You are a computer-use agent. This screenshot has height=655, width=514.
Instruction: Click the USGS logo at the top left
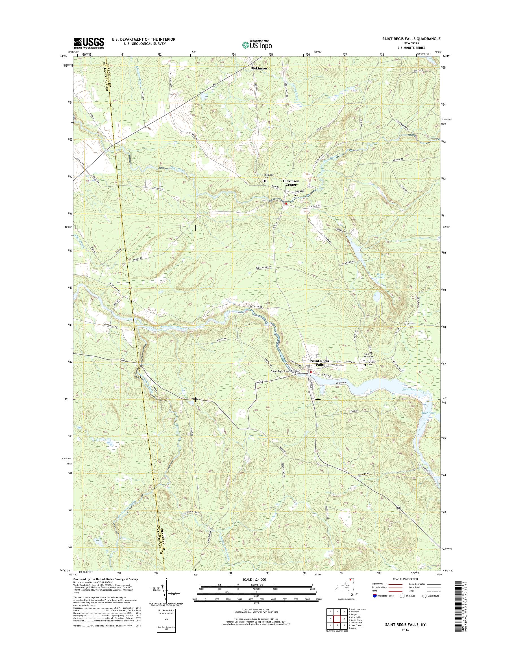click(89, 43)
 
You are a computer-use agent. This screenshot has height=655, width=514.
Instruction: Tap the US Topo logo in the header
click(257, 45)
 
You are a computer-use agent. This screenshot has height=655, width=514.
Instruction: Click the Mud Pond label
click(428, 413)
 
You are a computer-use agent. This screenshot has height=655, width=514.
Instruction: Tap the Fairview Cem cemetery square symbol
click(265, 181)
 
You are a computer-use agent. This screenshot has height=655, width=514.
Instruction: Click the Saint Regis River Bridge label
click(284, 371)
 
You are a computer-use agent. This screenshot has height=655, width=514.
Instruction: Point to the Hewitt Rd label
click(221, 339)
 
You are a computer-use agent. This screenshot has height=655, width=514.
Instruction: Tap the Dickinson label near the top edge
click(259, 68)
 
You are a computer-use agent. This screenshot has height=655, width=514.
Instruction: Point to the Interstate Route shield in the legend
click(375, 595)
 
